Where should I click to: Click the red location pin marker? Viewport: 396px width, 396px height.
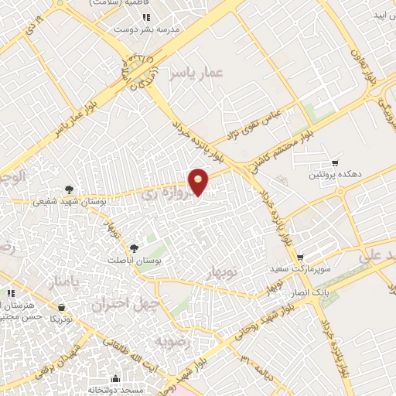point(199,181)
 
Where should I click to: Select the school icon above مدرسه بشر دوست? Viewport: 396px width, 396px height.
point(146,15)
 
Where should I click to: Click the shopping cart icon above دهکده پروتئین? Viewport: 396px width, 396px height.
point(334,163)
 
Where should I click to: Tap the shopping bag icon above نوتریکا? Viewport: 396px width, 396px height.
point(55,307)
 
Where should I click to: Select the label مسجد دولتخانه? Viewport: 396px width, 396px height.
point(114,389)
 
